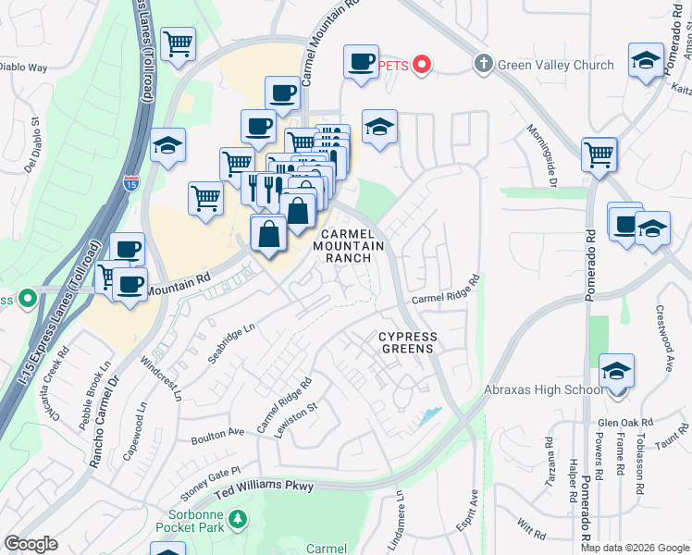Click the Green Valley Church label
point(556,65)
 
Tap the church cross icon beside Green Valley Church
point(482,64)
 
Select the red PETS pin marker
point(422,65)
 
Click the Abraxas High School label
point(544,390)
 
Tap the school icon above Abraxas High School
point(616,372)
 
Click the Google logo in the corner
point(31,544)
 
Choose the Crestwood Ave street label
point(663,339)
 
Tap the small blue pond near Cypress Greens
point(428,415)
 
